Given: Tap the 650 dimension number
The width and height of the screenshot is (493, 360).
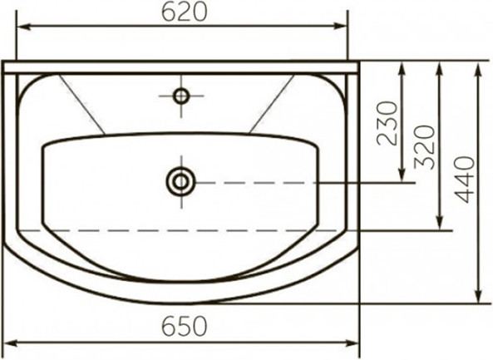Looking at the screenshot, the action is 185,326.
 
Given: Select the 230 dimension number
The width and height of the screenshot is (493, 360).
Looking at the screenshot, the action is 387,123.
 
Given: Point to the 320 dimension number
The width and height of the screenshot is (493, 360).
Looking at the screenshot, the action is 424,147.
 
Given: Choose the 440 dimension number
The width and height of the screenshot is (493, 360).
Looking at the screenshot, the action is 465,180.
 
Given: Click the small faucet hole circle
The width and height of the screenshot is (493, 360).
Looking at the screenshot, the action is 181,96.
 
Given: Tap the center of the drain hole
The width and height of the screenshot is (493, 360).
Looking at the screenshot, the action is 180,182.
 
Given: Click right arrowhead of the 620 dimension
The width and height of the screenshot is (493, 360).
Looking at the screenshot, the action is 341,27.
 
